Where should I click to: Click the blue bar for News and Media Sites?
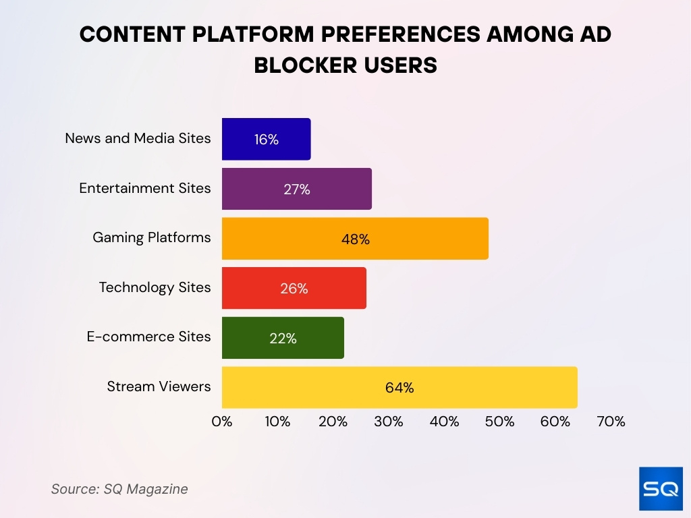[x=266, y=139]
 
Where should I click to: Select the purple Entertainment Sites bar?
[x=296, y=189]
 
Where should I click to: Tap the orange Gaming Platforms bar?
[x=355, y=239]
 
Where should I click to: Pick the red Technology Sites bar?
[x=294, y=288]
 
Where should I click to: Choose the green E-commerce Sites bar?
[x=283, y=338]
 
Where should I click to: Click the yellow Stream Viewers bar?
[x=399, y=387]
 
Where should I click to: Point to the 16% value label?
[x=266, y=140]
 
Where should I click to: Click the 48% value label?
[x=355, y=239]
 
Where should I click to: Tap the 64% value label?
[x=399, y=388]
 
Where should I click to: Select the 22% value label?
[x=283, y=339]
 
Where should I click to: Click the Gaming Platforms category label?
[x=151, y=237]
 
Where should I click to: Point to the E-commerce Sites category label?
[x=148, y=337]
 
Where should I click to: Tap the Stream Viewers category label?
[x=159, y=386]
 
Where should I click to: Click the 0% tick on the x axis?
[x=222, y=422]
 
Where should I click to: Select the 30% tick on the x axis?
[x=389, y=422]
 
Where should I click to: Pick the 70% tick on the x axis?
[x=611, y=422]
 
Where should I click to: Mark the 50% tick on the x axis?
[x=500, y=422]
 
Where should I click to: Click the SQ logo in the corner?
[x=661, y=488]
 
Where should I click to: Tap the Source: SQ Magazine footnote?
[x=119, y=489]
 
